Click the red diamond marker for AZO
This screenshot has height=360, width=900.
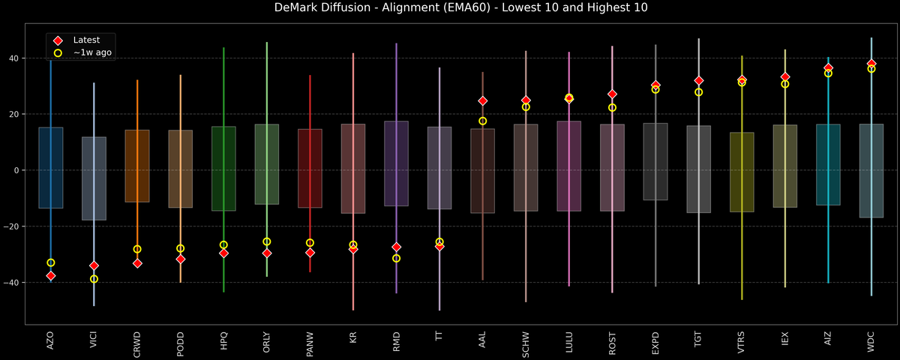(50, 276)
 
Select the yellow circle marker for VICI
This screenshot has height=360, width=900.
(94, 279)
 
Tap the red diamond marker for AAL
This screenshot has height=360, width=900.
(483, 100)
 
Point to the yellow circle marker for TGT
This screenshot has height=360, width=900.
(699, 92)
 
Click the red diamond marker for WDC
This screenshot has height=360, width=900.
(871, 64)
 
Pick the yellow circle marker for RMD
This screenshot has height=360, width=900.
(397, 258)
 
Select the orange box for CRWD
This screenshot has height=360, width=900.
(137, 166)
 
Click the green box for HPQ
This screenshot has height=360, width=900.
(223, 169)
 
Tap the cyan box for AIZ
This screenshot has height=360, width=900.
(828, 165)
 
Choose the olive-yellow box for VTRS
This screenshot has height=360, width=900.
(742, 172)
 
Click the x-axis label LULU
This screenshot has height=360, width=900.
(569, 344)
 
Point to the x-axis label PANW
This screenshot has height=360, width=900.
(310, 343)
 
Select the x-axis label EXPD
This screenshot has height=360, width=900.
(655, 344)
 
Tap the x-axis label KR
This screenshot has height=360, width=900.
(353, 340)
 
